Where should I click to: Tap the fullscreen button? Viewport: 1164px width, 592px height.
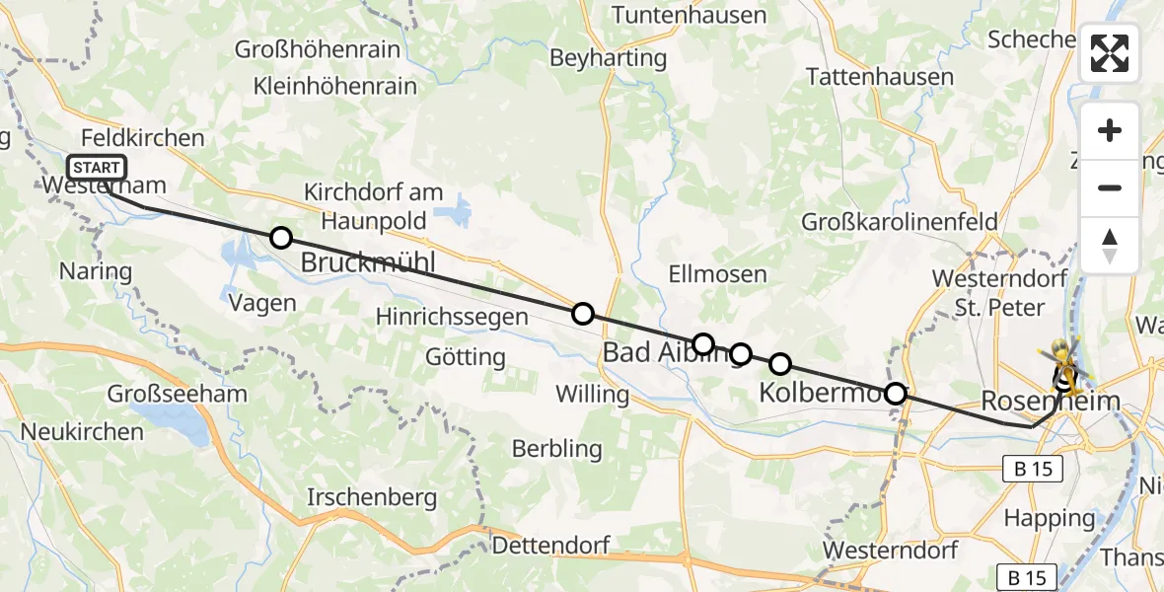1110,52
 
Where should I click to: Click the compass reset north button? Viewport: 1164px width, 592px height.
1110,245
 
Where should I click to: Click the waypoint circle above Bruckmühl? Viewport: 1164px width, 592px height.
281,238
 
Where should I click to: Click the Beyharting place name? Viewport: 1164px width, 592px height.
609,58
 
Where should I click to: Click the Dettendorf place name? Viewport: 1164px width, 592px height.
550,545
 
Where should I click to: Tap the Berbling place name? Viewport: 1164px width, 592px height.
556,449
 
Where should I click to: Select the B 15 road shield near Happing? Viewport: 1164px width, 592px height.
1033,471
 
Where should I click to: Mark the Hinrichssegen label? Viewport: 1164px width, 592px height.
453,317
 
